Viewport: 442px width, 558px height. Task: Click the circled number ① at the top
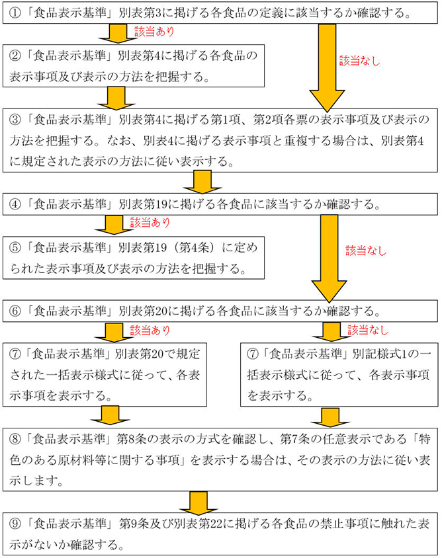coord(12,13)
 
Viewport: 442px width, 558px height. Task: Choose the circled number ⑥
coord(12,309)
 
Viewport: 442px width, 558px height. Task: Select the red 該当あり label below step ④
coord(150,221)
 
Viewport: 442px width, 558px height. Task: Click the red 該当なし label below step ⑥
coord(368,329)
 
